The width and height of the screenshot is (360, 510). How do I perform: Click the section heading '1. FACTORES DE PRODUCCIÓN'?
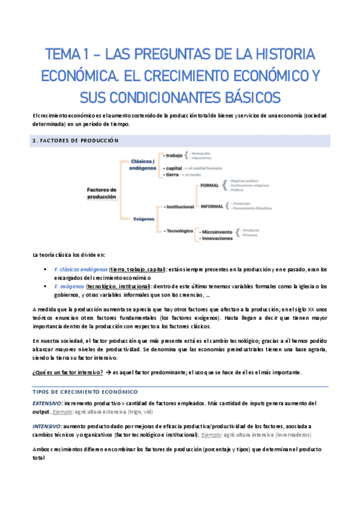75,140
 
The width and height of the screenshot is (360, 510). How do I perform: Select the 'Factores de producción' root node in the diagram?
102,193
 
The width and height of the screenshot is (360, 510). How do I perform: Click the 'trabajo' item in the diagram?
175,156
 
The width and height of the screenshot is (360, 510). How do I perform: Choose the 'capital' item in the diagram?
174,168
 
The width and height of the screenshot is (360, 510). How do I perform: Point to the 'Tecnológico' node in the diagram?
178,230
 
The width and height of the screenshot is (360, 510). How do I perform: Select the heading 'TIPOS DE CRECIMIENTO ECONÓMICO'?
80,391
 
